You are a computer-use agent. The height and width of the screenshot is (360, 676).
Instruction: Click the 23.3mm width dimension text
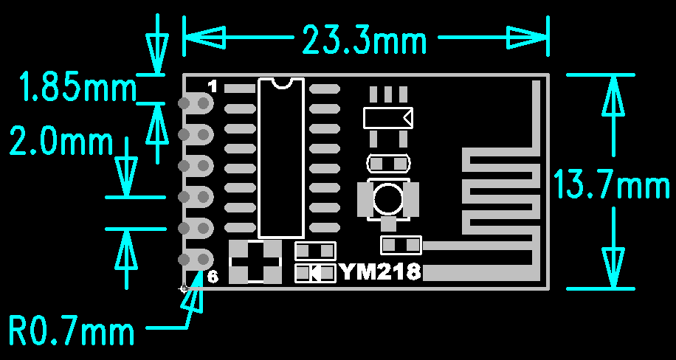(365, 39)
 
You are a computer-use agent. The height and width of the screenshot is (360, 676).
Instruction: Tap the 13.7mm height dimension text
(611, 184)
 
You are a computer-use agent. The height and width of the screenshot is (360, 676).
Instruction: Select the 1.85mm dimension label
(77, 87)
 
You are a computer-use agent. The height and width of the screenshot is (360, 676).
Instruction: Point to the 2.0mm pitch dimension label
(61, 141)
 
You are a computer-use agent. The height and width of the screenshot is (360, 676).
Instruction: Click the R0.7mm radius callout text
(71, 331)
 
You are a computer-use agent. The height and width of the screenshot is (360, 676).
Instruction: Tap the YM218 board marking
(381, 272)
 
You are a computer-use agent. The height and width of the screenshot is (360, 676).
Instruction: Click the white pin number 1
(213, 86)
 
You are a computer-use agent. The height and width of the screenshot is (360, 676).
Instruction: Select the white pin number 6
(213, 277)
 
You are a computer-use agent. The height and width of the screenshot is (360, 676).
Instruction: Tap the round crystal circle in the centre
(388, 198)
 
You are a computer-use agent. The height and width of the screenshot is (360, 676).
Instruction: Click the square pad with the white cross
(255, 262)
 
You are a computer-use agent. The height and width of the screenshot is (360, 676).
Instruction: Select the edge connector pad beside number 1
(196, 103)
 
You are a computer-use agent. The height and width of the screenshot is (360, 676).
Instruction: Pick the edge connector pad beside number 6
(196, 259)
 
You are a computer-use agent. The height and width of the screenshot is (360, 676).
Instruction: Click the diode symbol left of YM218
(315, 273)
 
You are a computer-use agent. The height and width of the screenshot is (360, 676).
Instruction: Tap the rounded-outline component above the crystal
(388, 163)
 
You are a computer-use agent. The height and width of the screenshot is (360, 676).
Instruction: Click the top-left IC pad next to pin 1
(240, 89)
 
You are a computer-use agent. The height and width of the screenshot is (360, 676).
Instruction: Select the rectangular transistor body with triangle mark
(388, 118)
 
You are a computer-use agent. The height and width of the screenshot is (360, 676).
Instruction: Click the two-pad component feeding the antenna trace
(401, 246)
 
